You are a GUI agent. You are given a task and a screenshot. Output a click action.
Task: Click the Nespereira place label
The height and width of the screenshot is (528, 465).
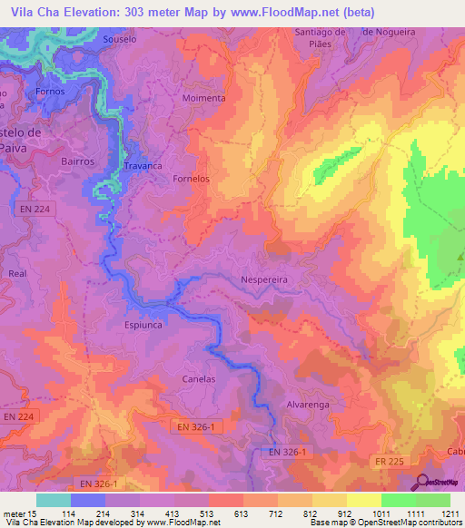pos(264,280)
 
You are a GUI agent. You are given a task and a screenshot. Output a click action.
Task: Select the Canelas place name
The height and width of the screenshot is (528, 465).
pos(199,378)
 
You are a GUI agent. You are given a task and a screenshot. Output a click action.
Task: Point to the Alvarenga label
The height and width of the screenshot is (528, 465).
pos(285,405)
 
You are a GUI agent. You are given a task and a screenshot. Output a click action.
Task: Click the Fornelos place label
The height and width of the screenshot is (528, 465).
pos(191,179)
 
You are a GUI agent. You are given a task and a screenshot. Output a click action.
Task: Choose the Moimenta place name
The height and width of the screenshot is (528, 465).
pos(203,98)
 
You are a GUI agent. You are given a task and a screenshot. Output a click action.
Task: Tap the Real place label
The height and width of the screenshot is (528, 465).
pos(16,272)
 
